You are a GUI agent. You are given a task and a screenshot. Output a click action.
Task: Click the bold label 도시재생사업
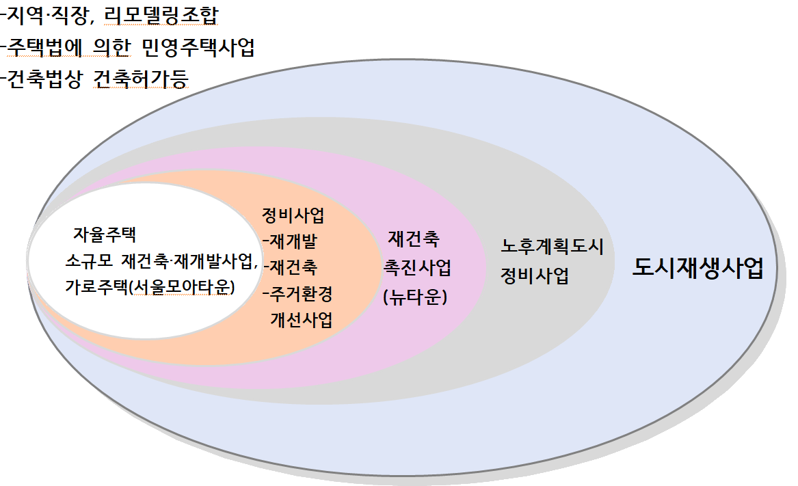(x=697, y=268)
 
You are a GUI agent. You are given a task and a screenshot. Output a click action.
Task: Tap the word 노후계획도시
(x=553, y=246)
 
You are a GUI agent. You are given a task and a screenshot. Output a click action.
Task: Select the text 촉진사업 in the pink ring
(x=417, y=268)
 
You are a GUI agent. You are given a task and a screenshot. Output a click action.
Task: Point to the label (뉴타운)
(x=415, y=296)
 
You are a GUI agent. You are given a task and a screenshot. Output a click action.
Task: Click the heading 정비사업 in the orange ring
(x=293, y=215)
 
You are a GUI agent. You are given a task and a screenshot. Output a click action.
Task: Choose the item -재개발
(x=290, y=241)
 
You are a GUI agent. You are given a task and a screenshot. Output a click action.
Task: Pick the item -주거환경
(x=297, y=294)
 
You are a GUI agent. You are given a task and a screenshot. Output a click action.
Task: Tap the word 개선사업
(x=302, y=320)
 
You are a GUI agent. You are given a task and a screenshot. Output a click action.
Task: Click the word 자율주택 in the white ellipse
(x=105, y=234)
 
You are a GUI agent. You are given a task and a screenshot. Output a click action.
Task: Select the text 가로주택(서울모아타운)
(x=150, y=287)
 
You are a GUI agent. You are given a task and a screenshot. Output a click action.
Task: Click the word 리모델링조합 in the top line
(x=161, y=16)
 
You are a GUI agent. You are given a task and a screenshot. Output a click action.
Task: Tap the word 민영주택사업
(x=198, y=47)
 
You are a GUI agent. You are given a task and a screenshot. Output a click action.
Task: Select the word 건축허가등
(x=141, y=79)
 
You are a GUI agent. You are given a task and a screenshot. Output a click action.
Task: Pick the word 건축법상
(x=44, y=79)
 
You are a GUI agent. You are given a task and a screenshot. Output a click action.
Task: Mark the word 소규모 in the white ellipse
(x=89, y=262)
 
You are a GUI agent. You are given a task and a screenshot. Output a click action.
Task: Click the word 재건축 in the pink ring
(x=414, y=239)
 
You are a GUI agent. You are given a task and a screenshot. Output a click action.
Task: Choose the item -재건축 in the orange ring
(x=290, y=267)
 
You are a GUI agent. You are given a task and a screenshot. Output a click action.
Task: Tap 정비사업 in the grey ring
(x=535, y=276)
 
